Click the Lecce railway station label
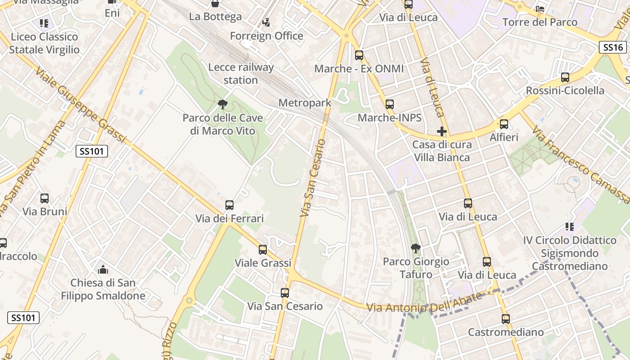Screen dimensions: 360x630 [241, 74]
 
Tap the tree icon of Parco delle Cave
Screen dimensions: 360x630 [222, 105]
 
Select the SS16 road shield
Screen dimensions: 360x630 [613, 47]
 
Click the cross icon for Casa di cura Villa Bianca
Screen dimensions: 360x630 [442, 131]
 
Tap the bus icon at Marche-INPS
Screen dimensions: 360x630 [390, 104]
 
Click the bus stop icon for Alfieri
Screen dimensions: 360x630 [504, 124]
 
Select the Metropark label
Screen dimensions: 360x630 [305, 103]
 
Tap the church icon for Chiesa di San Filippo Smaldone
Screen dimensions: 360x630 [103, 270]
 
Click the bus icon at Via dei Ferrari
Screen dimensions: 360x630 [229, 205]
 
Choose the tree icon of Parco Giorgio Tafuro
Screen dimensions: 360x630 [416, 248]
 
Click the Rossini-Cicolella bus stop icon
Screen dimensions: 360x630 [565, 77]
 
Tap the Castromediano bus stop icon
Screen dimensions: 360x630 [506, 319]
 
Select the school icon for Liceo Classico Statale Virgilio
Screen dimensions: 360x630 [44, 23]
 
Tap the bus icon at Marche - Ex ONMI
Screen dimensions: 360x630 [359, 55]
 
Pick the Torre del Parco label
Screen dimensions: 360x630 [540, 22]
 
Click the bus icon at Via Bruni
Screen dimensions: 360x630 [45, 198]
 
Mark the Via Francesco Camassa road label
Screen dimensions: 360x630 [580, 164]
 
